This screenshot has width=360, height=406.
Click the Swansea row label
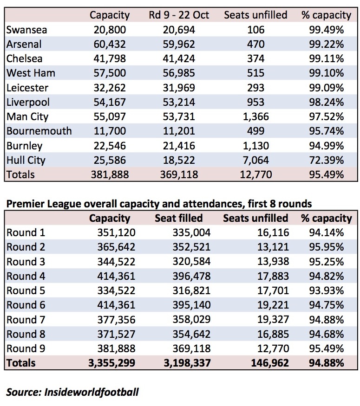[26, 30]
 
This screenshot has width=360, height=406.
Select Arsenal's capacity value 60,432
[110, 44]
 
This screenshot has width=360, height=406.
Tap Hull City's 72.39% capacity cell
[326, 160]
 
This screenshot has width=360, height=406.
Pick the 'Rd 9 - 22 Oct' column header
[179, 15]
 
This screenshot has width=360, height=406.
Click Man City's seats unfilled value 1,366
[256, 117]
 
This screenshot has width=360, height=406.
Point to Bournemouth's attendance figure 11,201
[179, 131]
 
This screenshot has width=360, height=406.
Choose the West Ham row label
[31, 73]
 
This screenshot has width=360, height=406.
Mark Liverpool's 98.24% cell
[326, 102]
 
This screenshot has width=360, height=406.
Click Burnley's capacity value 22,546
[110, 146]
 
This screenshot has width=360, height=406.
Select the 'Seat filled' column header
[179, 218]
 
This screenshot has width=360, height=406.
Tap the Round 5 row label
[26, 291]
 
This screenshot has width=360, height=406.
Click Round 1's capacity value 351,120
[117, 233]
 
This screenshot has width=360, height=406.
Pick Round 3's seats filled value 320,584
[191, 262]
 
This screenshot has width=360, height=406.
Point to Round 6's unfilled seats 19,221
[273, 305]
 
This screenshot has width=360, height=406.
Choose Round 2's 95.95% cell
[326, 247]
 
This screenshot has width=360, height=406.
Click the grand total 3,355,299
[111, 363]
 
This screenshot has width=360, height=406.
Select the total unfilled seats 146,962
[270, 363]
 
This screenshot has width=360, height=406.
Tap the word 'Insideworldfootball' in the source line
[92, 392]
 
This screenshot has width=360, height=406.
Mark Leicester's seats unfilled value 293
[256, 88]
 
